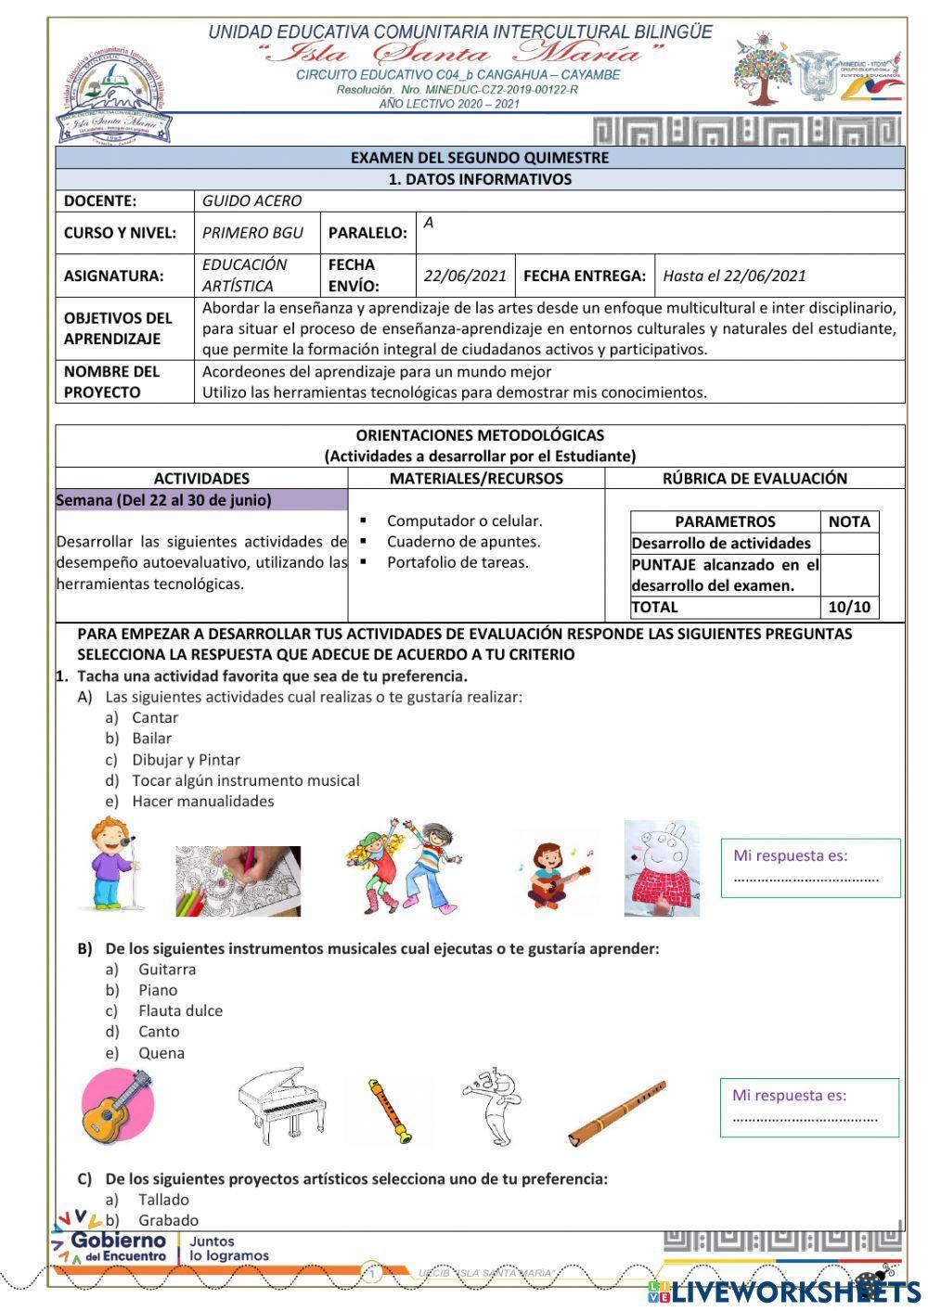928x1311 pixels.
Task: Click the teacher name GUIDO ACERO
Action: tap(251, 200)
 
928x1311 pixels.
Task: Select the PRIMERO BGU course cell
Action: tap(252, 233)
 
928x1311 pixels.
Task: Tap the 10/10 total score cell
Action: tap(848, 608)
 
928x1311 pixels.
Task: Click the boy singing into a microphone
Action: tap(112, 865)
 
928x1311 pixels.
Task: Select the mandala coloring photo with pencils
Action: tap(238, 880)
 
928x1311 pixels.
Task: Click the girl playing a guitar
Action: tap(553, 874)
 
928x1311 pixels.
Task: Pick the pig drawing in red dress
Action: tap(662, 868)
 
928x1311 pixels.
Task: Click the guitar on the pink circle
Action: tap(117, 1106)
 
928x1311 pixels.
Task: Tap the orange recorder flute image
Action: tap(389, 1111)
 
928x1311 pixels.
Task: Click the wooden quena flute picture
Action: tap(616, 1112)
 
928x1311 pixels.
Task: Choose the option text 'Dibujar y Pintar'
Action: tap(186, 760)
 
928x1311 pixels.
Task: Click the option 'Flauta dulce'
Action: tap(180, 1010)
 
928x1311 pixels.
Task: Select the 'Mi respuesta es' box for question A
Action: tap(810, 868)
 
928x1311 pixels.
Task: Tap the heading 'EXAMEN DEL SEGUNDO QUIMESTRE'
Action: tap(479, 158)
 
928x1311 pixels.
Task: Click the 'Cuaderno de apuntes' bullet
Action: tap(463, 542)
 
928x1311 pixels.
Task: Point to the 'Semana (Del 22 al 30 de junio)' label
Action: tap(164, 500)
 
